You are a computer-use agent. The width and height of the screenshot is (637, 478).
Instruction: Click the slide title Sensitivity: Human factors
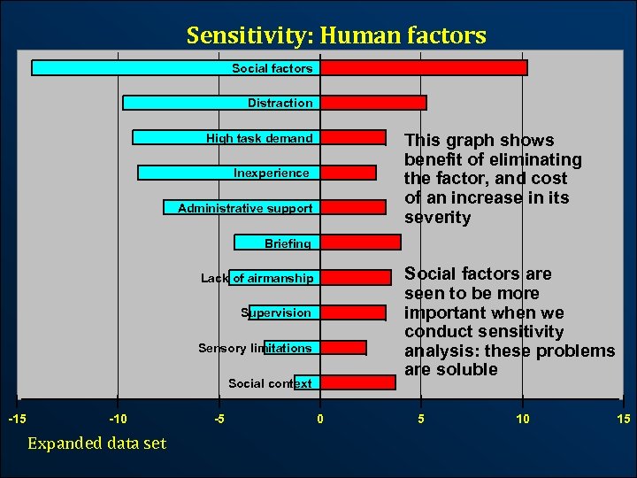pyautogui.click(x=336, y=35)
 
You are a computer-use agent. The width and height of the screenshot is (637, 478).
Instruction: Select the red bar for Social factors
pyautogui.click(x=424, y=67)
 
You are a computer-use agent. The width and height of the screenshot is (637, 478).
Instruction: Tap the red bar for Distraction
pyautogui.click(x=373, y=103)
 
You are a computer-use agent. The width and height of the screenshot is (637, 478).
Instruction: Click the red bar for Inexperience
pyautogui.click(x=349, y=173)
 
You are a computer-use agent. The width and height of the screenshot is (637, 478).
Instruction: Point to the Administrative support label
pyautogui.click(x=245, y=209)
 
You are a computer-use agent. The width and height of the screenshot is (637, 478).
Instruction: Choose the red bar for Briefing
pyautogui.click(x=360, y=242)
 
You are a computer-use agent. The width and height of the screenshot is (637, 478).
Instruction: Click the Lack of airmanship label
pyautogui.click(x=257, y=278)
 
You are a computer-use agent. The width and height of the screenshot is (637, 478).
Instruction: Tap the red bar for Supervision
pyautogui.click(x=353, y=312)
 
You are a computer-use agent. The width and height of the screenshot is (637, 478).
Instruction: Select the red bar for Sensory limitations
pyautogui.click(x=343, y=348)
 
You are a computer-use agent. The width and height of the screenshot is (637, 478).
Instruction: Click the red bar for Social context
pyautogui.click(x=357, y=382)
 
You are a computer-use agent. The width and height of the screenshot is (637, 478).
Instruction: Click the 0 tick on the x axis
pyautogui.click(x=320, y=419)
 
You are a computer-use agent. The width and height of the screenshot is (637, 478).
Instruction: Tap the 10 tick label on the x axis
pyautogui.click(x=523, y=419)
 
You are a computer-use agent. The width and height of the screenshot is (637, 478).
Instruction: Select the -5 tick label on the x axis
pyautogui.click(x=219, y=419)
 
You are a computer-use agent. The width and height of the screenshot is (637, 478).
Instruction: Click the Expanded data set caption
pyautogui.click(x=96, y=443)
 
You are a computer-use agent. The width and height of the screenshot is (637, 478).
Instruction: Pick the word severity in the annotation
pyautogui.click(x=437, y=218)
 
